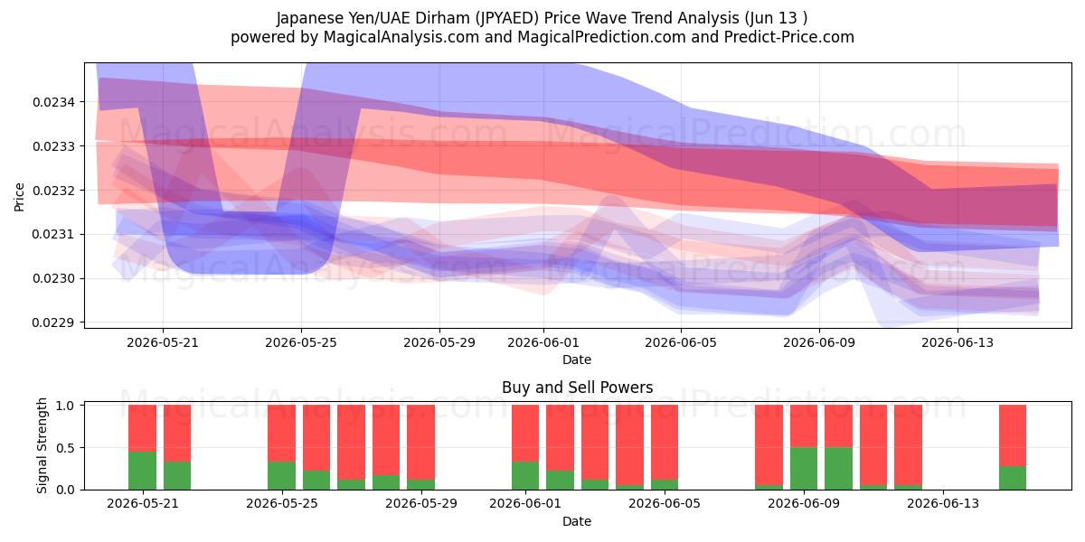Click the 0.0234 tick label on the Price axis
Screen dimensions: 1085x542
[x=53, y=102]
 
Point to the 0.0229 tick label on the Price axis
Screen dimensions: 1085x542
[x=53, y=322]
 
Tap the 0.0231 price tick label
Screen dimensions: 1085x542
[x=53, y=234]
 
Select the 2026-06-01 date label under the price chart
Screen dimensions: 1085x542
[x=543, y=342]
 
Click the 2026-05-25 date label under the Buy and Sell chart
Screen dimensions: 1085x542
[x=282, y=503]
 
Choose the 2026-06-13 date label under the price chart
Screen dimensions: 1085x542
[x=958, y=342]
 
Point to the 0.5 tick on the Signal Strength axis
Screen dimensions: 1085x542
[x=65, y=448]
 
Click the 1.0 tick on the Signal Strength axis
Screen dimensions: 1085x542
[x=65, y=406]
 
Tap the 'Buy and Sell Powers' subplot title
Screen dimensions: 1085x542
[x=578, y=388]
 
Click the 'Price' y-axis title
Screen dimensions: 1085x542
[x=19, y=197]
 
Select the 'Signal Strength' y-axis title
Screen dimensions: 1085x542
[x=42, y=445]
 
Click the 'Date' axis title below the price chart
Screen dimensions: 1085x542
[x=577, y=360]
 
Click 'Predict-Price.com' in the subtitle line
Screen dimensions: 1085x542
[x=789, y=37]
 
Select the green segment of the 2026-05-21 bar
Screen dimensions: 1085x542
[x=143, y=471]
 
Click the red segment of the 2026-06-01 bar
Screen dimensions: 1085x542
[x=525, y=433]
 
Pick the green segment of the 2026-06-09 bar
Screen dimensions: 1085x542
[x=804, y=469]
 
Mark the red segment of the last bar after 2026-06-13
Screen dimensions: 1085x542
[x=1013, y=435]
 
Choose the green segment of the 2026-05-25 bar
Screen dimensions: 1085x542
[x=282, y=476]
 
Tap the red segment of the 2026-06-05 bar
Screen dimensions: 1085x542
[x=665, y=443]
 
